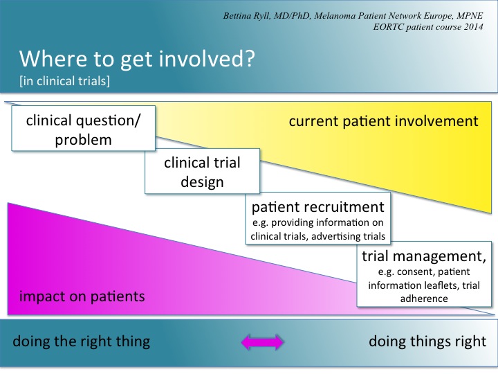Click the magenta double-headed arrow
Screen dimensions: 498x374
tap(262, 342)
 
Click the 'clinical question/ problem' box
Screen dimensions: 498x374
tap(84, 128)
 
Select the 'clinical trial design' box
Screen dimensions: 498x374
tap(202, 171)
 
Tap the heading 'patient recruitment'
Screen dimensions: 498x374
tap(318, 207)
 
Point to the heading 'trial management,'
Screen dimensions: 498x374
tap(424, 256)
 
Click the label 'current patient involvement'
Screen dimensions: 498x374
tap(383, 121)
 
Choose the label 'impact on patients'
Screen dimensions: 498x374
tap(82, 296)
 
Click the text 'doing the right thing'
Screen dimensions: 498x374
tap(82, 341)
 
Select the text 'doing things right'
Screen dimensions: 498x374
tap(427, 341)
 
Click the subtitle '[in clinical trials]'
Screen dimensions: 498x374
tap(64, 81)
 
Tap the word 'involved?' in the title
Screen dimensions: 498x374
tap(206, 58)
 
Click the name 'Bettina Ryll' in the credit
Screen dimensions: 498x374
tap(246, 16)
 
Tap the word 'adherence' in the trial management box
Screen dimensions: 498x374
tap(424, 299)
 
